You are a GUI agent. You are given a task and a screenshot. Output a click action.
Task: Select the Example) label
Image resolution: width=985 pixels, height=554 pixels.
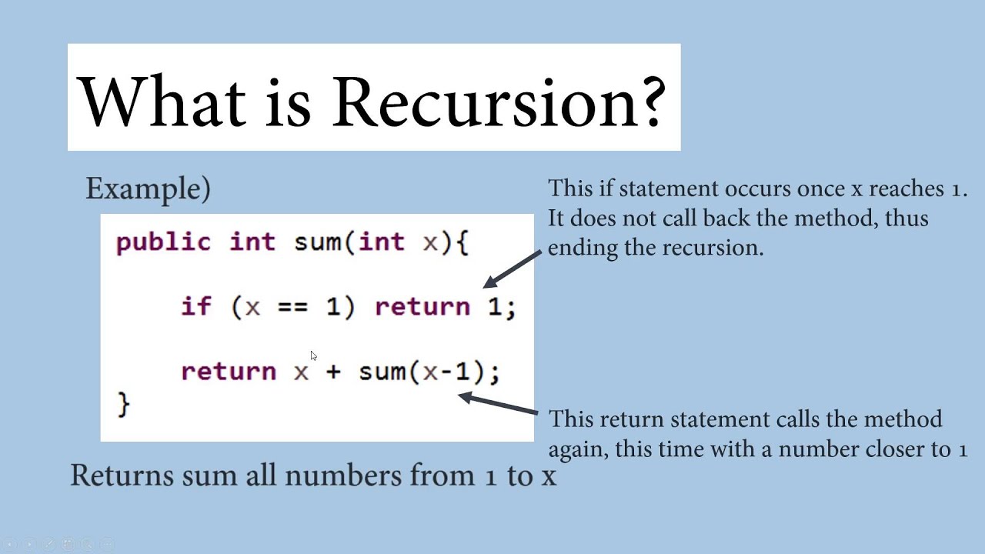click(x=149, y=189)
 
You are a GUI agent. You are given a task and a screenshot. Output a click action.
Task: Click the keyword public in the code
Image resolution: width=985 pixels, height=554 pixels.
click(x=163, y=242)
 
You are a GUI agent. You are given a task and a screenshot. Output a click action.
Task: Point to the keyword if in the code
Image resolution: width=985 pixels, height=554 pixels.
click(x=196, y=306)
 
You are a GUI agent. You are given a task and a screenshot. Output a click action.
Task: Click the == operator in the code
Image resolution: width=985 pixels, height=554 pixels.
click(x=292, y=307)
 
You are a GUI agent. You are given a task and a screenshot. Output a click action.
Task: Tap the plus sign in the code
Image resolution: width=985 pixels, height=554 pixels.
click(x=333, y=372)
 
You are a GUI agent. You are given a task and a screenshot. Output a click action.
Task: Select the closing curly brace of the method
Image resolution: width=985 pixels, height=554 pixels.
click(x=124, y=404)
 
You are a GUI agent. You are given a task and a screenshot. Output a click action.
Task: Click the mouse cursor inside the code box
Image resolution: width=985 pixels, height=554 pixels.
click(x=313, y=355)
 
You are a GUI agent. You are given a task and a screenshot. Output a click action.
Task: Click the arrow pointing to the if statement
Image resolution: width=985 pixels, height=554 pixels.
click(x=513, y=269)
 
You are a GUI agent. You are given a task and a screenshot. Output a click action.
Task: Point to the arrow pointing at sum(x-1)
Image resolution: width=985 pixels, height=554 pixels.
click(x=498, y=402)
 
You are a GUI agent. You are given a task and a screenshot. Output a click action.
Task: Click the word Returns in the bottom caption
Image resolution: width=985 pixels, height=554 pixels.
click(x=122, y=476)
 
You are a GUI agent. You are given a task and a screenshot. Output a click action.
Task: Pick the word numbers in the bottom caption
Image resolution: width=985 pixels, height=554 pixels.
click(x=343, y=476)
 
